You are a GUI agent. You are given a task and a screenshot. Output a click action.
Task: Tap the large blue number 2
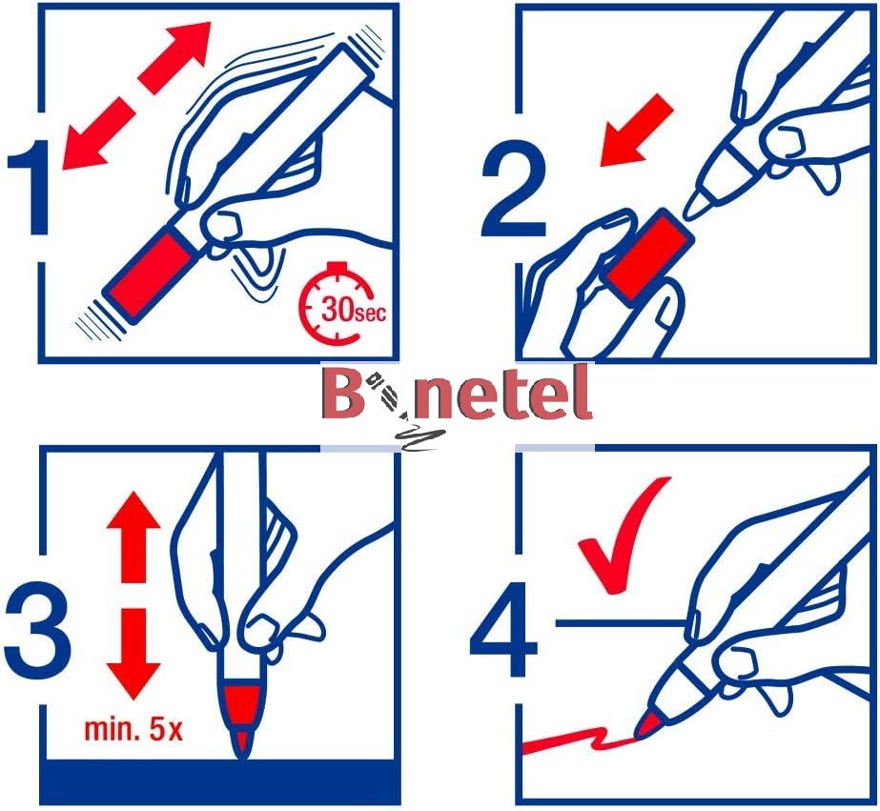click(x=514, y=189)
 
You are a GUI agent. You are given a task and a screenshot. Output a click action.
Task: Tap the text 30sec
click(x=354, y=310)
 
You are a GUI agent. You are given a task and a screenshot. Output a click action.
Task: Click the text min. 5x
click(x=133, y=729)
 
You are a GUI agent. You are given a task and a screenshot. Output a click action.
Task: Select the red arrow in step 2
click(x=637, y=131)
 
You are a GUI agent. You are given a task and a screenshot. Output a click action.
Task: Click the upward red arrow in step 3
click(x=133, y=537)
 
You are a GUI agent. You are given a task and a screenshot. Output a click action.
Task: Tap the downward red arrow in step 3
click(x=133, y=654)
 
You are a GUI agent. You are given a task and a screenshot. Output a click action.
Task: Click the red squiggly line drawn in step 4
click(x=578, y=741)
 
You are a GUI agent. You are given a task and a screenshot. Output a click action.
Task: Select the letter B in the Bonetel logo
click(x=343, y=394)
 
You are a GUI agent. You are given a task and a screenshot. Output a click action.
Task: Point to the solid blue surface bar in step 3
click(x=220, y=781)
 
